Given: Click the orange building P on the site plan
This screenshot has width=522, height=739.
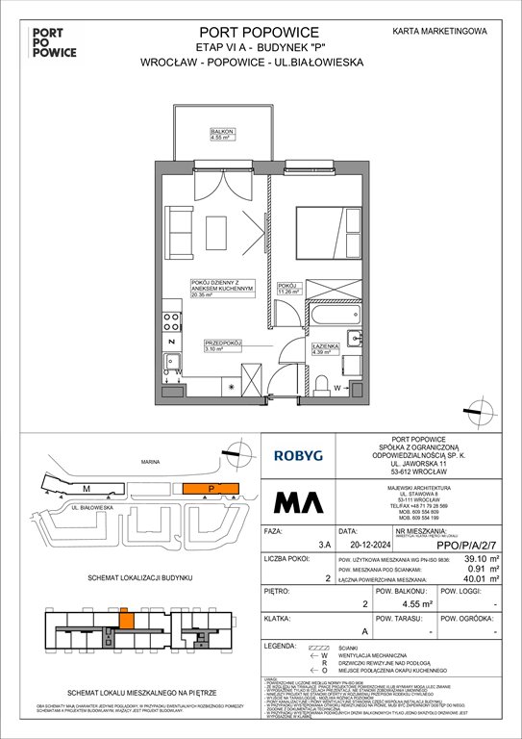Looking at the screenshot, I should click(208, 489).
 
